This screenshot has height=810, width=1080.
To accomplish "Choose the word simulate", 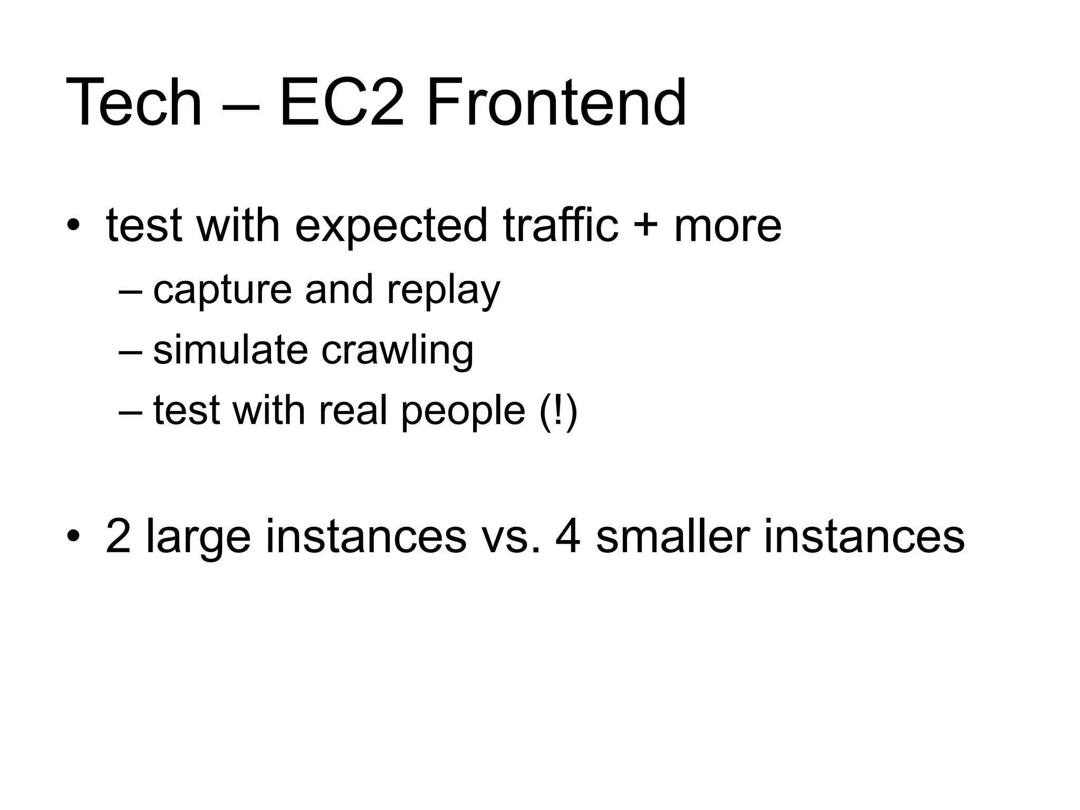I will [x=230, y=350].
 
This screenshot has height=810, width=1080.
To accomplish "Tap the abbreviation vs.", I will [x=510, y=537].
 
